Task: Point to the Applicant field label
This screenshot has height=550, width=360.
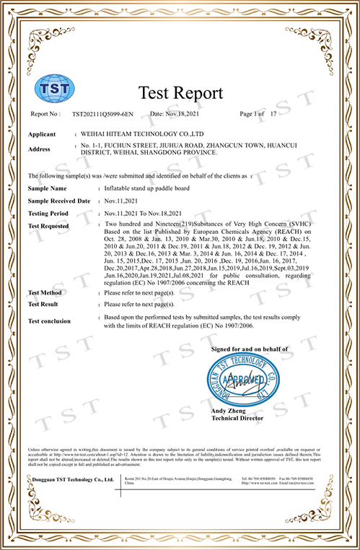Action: tap(43, 135)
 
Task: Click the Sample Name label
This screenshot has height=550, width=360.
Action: tap(48, 187)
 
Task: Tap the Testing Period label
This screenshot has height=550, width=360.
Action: tap(48, 214)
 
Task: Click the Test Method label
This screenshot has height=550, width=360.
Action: tap(44, 293)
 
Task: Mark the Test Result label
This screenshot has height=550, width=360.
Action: tap(43, 305)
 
